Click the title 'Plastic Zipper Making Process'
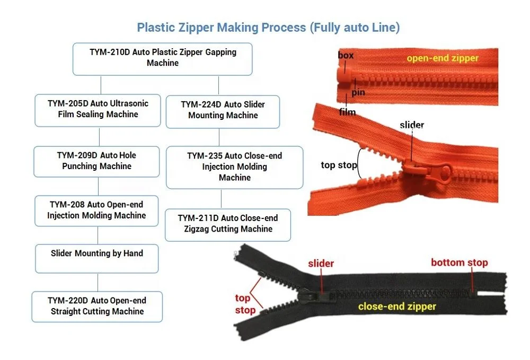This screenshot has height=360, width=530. [268, 28]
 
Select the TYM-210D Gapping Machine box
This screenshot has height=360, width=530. [162, 58]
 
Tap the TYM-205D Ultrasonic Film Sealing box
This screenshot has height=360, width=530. [98, 110]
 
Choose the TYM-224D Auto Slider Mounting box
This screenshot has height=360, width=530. [223, 111]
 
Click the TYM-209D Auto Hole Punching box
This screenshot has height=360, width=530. [96, 161]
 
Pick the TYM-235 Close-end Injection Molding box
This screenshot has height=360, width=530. [234, 167]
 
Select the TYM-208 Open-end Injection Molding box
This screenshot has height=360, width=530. [96, 210]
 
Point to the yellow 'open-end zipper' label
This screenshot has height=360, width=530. [442, 58]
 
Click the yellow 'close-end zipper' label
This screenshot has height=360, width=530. [396, 306]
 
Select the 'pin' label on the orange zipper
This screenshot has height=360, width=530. [358, 92]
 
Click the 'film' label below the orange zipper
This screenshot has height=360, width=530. [348, 112]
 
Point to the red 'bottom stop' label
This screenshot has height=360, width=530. [459, 262]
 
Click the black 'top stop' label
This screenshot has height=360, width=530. [339, 165]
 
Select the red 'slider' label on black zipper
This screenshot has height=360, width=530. [321, 264]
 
